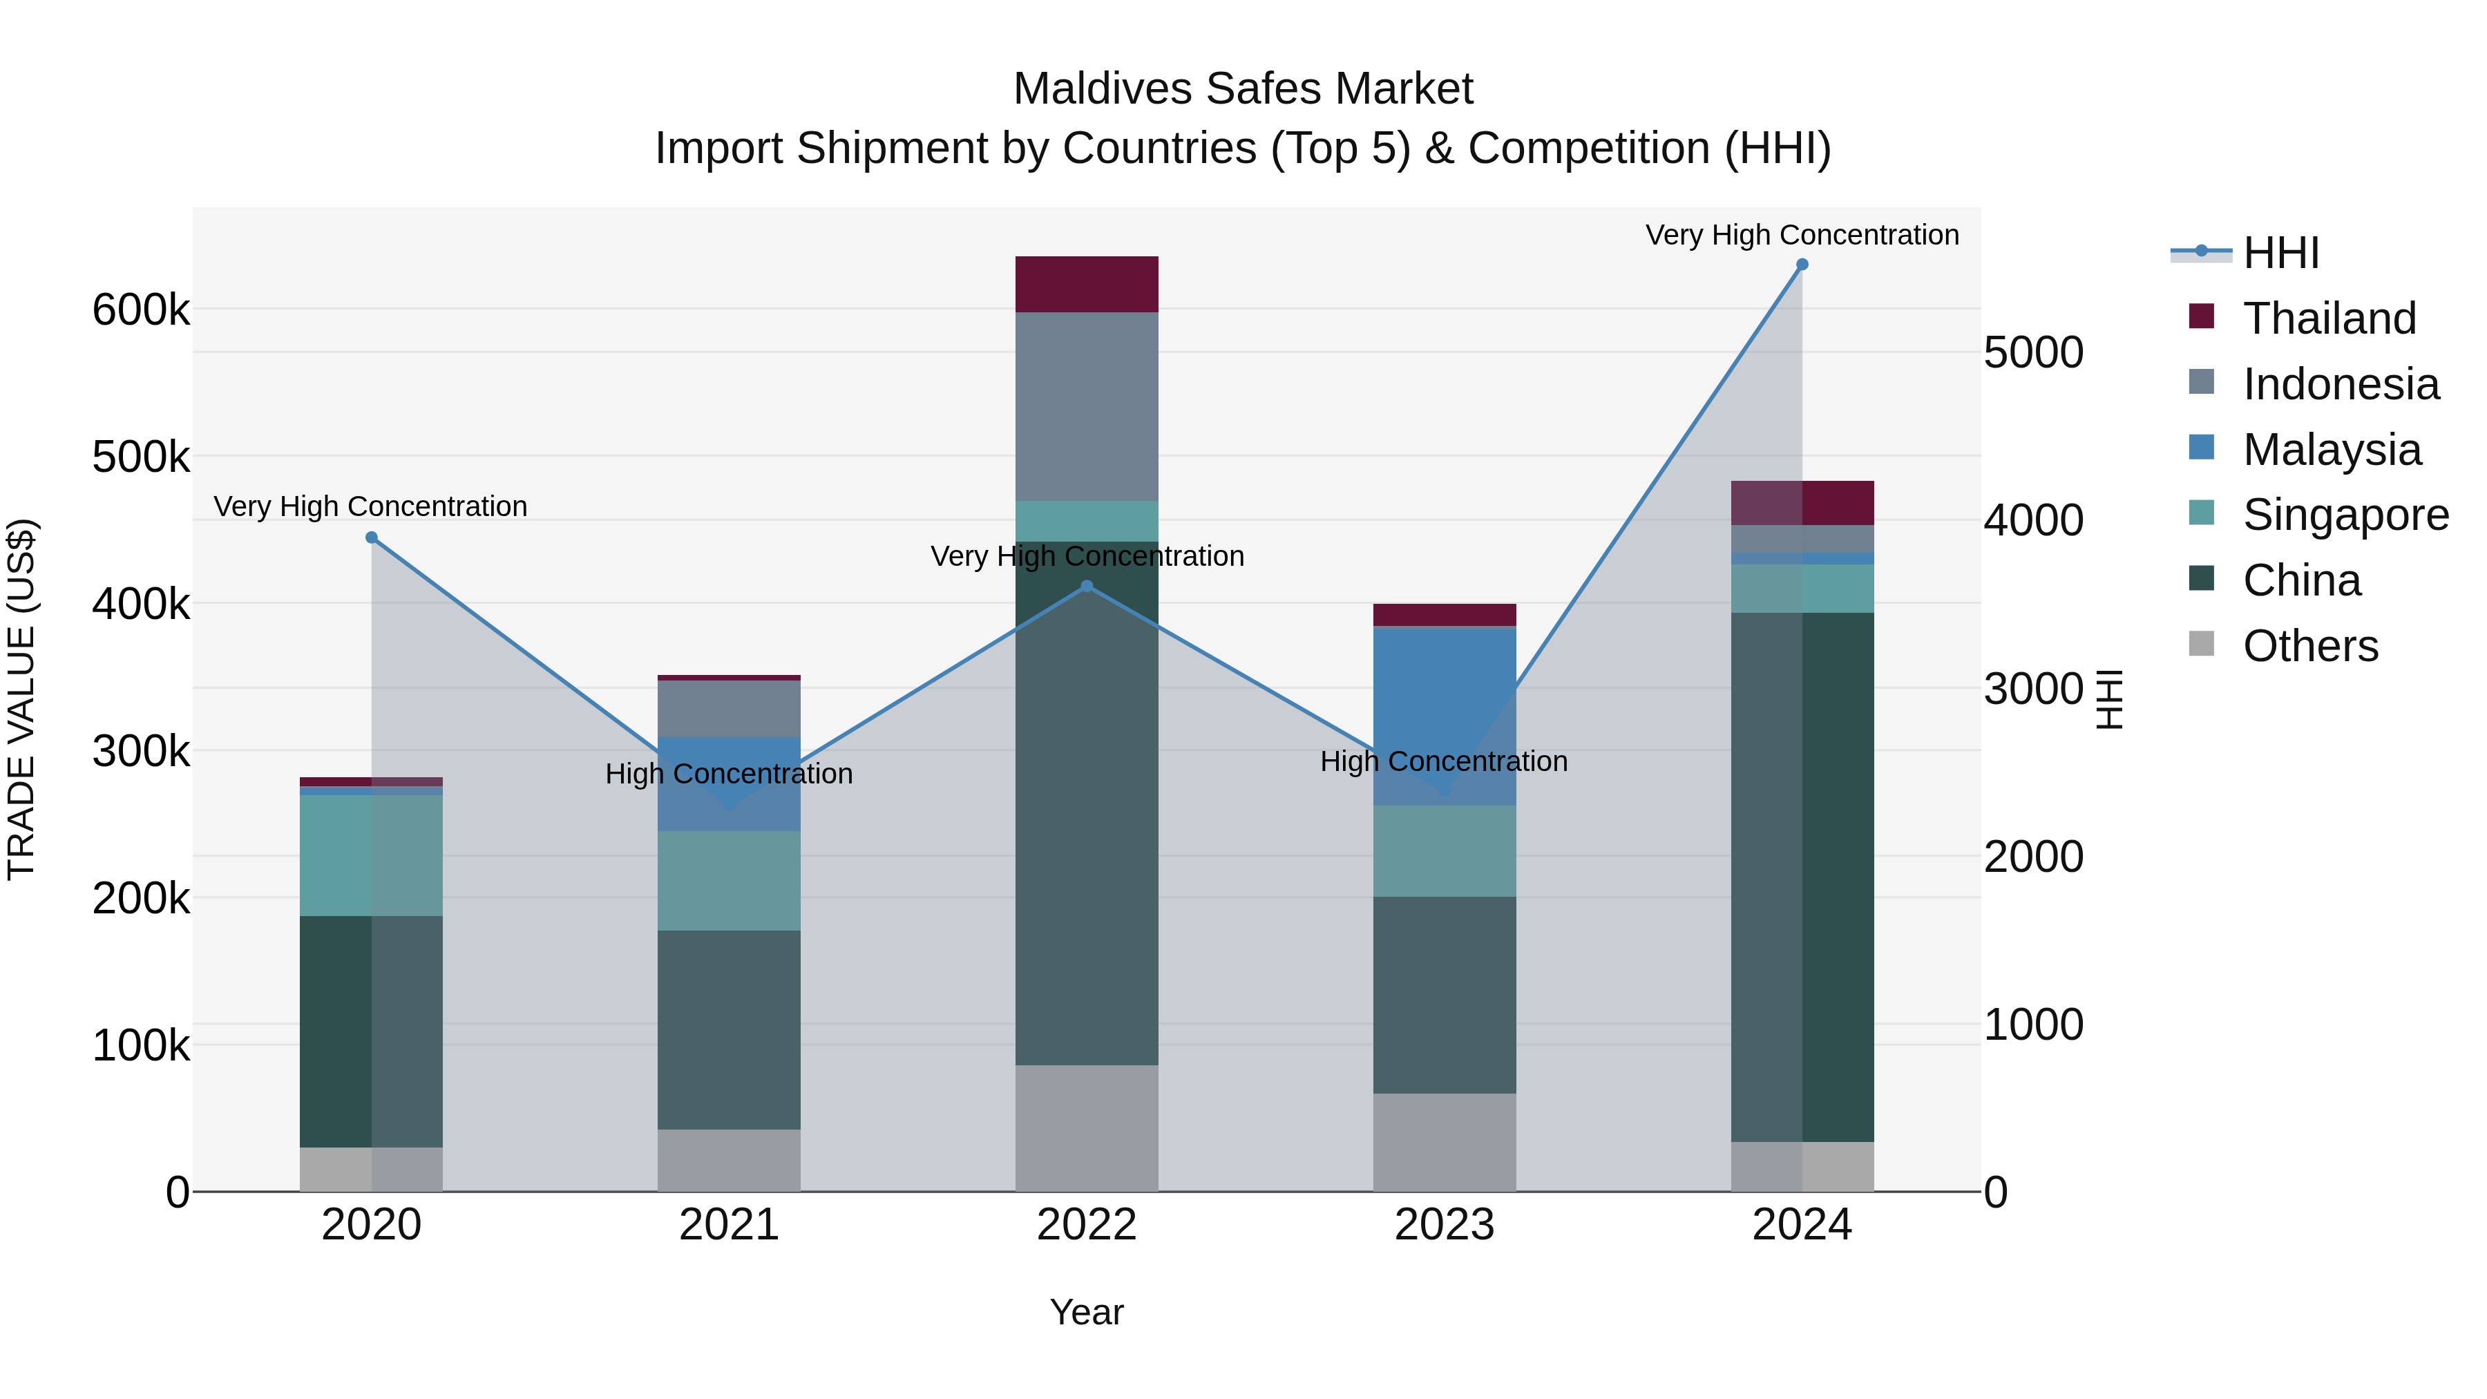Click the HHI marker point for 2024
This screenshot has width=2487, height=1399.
coord(1802,265)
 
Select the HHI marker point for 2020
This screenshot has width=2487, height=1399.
coord(372,537)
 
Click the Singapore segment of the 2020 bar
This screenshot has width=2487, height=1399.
coord(372,855)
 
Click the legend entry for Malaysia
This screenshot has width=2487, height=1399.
coord(2332,450)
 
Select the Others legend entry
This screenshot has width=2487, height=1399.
coord(2309,646)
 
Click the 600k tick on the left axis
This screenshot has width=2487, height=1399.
coord(141,310)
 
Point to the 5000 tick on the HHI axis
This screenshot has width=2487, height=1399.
coord(2033,352)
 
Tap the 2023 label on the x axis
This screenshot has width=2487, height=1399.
coord(1445,1225)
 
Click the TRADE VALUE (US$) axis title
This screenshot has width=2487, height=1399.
coord(21,699)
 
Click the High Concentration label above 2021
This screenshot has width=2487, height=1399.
coord(729,773)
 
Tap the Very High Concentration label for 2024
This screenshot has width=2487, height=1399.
coord(1802,235)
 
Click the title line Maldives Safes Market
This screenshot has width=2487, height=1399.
coord(1243,89)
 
